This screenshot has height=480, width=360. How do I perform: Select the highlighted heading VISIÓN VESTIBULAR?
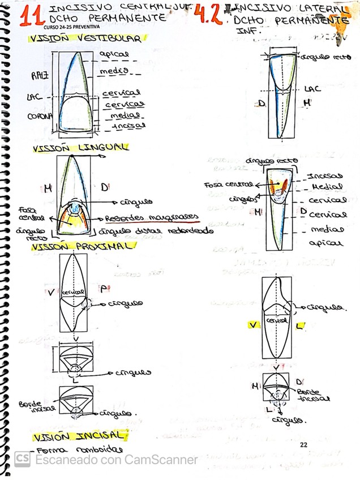point(86,39)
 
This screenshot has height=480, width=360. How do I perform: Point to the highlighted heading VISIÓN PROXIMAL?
point(83,247)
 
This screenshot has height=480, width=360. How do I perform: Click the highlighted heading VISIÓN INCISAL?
point(77,436)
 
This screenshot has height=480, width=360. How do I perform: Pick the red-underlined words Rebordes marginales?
point(152,217)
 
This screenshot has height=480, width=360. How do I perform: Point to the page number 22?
point(303,445)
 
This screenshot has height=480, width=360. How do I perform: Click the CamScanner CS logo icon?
point(22,458)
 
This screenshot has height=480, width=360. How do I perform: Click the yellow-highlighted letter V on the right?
point(254,324)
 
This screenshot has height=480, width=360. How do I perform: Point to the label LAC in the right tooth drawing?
point(312,89)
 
